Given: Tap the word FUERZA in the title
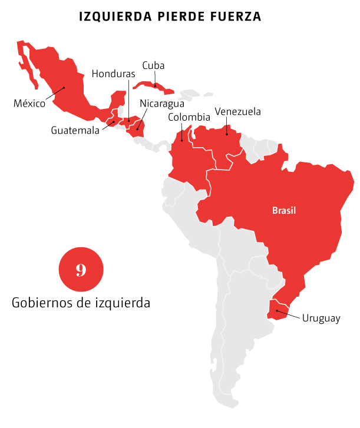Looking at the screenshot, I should [236, 16].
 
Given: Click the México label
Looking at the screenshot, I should [29, 104].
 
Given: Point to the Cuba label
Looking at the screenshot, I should [153, 66].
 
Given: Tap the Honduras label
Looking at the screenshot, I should [113, 74].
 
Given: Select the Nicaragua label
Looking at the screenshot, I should [162, 104].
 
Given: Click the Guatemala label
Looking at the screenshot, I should [75, 130].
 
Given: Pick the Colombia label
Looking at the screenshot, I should [189, 117].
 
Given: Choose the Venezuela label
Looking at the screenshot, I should [237, 111].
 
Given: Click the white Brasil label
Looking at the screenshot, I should [284, 210].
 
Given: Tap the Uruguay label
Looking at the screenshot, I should [321, 318].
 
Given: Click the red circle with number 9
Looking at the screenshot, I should [81, 270].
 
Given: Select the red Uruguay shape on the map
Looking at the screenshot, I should [279, 310].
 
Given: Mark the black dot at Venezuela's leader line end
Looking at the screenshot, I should [226, 125].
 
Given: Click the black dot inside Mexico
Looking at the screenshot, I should [65, 88].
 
